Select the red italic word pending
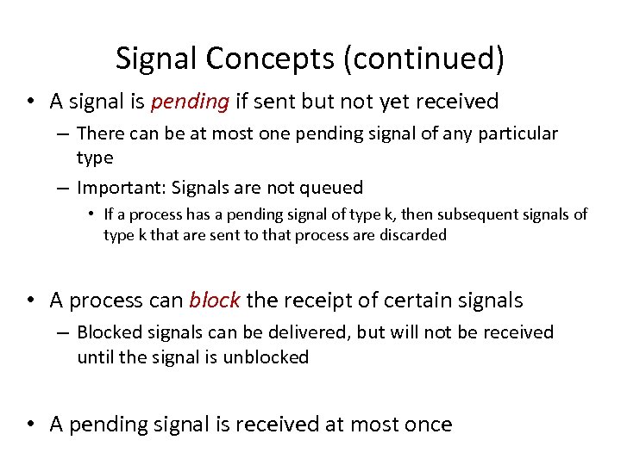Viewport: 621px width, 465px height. pos(190,102)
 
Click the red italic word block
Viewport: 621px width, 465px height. pos(215,300)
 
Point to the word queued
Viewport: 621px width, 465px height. pos(329,187)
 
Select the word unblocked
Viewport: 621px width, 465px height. pos(266,356)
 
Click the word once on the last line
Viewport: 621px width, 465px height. pos(424,424)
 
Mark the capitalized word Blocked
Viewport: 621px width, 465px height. pos(107,332)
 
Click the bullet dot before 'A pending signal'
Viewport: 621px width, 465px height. pos(30,425)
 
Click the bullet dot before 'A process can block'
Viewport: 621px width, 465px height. pos(30,301)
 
